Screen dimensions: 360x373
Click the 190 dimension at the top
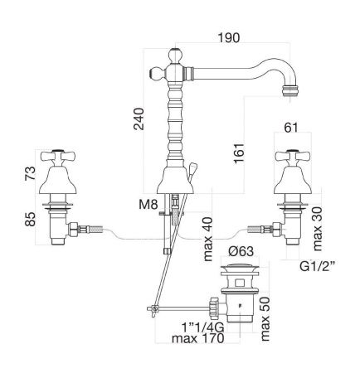point(229,38)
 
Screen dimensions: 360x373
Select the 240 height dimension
point(139,119)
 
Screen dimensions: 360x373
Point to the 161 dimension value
point(239,153)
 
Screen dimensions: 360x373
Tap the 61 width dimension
point(291,128)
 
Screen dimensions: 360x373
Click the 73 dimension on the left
point(30,173)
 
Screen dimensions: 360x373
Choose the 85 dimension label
point(30,219)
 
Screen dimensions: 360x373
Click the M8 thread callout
point(148,205)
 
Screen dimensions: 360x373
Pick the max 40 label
point(208,240)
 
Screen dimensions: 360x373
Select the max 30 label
point(318,229)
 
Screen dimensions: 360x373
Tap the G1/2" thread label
point(318,266)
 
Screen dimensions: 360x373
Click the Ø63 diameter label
point(241,251)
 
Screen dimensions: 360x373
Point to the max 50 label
point(265,319)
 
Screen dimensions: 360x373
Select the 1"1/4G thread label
point(203,328)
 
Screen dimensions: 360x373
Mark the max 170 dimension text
point(197,338)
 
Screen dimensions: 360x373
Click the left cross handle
point(58,157)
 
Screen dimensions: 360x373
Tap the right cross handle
point(293,157)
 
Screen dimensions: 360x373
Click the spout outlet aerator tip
point(290,91)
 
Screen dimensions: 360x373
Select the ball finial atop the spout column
point(176,56)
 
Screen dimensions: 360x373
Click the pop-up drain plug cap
point(240,268)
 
